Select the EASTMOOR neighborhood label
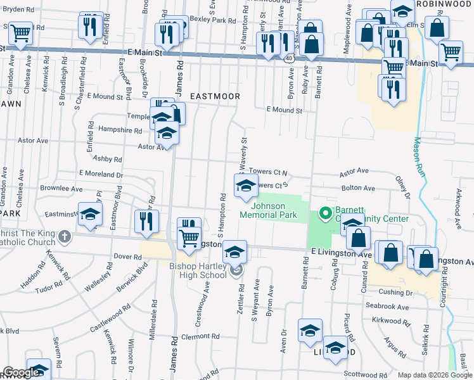[218, 96]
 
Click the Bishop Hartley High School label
[198, 270]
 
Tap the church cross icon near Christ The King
[63, 237]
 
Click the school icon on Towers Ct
[246, 186]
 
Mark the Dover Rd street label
[127, 256]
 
